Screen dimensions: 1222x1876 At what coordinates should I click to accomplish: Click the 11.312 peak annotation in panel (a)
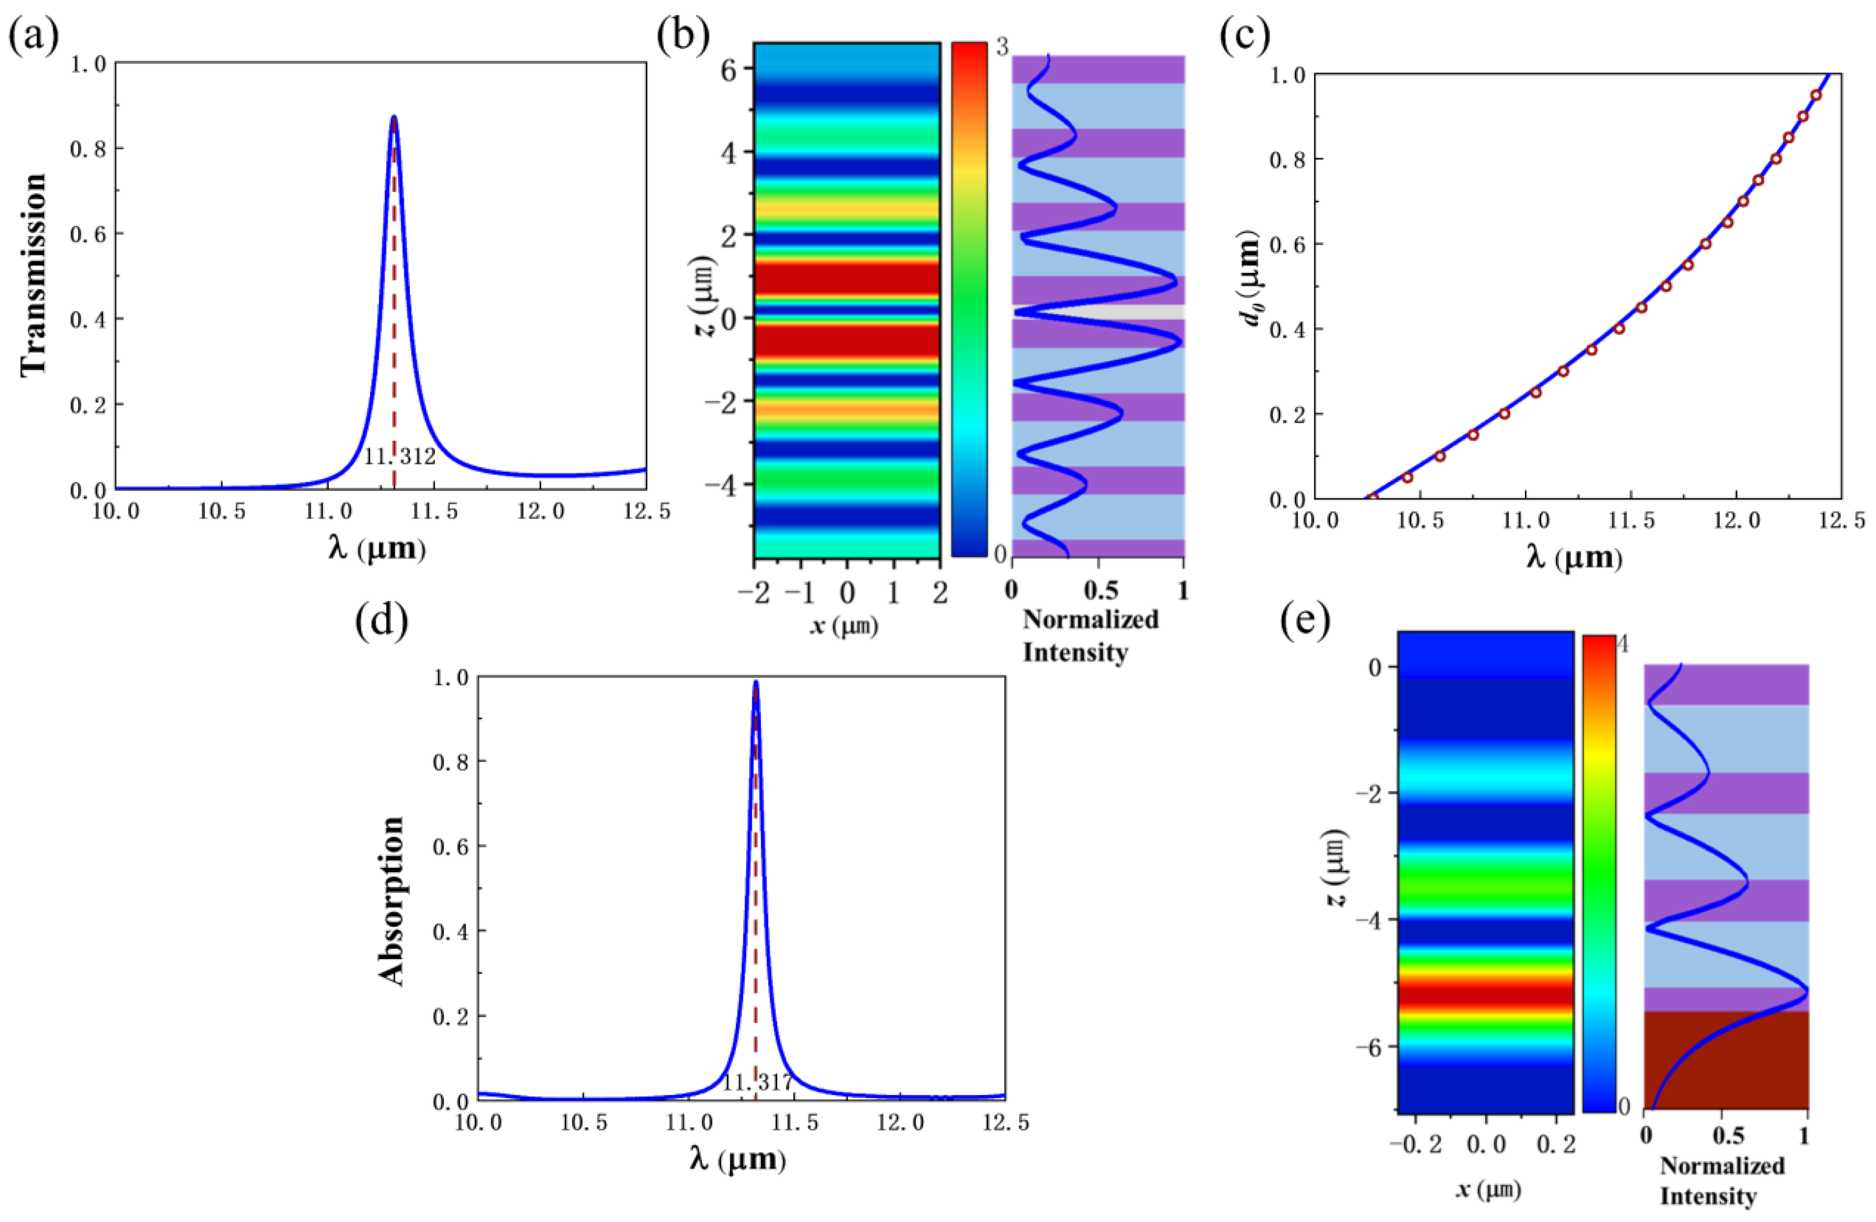point(399,456)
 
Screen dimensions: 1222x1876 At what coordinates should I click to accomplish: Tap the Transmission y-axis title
point(33,275)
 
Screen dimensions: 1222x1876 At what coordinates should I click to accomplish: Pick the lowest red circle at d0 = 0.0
point(1373,498)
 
